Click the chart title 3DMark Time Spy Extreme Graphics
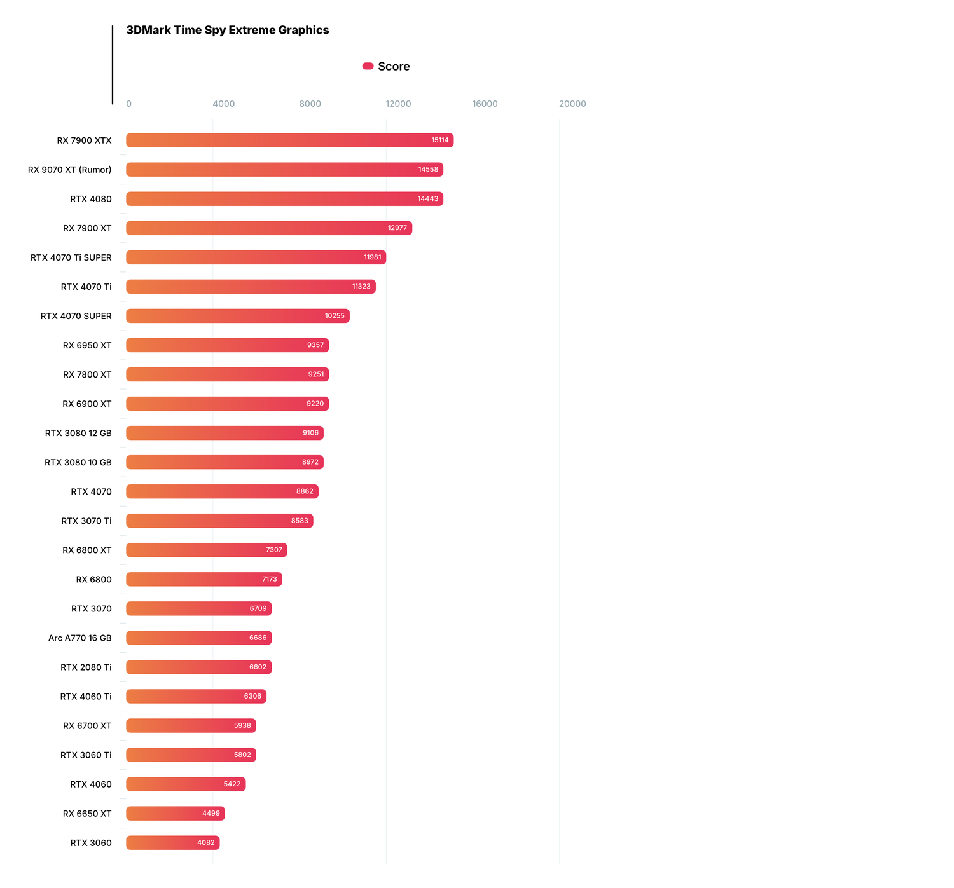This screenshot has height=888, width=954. pos(228,30)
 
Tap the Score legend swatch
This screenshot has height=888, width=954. pos(368,66)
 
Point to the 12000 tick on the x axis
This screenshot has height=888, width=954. pos(398,104)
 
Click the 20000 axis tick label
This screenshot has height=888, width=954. pos(572,104)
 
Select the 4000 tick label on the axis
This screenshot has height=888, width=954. pos(223,104)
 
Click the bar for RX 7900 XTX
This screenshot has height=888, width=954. pos(289,140)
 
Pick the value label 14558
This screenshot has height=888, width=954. pos(428,170)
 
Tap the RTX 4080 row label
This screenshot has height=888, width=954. pos(91,199)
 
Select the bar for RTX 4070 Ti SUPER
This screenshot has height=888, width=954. pos(256,257)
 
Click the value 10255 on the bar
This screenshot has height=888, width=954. pos(335,316)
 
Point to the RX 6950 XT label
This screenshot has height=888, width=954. pos(87,345)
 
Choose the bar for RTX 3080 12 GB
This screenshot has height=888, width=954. pos(225,433)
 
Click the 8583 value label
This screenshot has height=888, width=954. pos(300,521)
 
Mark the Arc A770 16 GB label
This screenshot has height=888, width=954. pos(80,638)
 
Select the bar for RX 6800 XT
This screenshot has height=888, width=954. pos(206,550)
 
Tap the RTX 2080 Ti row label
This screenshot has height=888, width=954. pos(86,667)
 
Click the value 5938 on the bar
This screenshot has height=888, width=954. pos(242,725)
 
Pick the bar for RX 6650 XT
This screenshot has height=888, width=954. pos(175,814)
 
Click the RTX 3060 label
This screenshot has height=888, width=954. pos(91,843)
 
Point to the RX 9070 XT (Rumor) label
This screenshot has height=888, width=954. pos(70,170)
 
